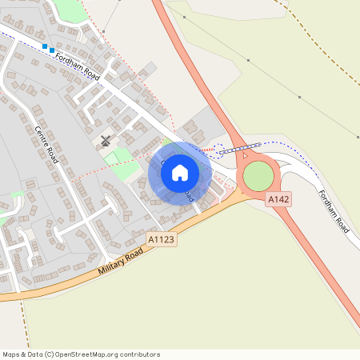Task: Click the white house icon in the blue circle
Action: pyautogui.click(x=180, y=173)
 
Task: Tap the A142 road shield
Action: pyautogui.click(x=278, y=198)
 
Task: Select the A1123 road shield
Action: pyautogui.click(x=160, y=238)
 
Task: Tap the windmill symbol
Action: pyautogui.click(x=106, y=142)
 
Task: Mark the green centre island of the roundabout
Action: pyautogui.click(x=258, y=176)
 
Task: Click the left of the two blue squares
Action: pyautogui.click(x=45, y=47)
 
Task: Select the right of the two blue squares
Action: pyautogui.click(x=52, y=50)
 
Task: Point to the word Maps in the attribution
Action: pyautogui.click(x=12, y=354)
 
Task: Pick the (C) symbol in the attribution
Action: pyautogui.click(x=49, y=354)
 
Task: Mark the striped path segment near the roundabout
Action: pyautogui.click(x=239, y=147)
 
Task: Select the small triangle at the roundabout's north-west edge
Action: pyautogui.click(x=246, y=154)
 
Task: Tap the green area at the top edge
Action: pyautogui.click(x=70, y=10)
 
